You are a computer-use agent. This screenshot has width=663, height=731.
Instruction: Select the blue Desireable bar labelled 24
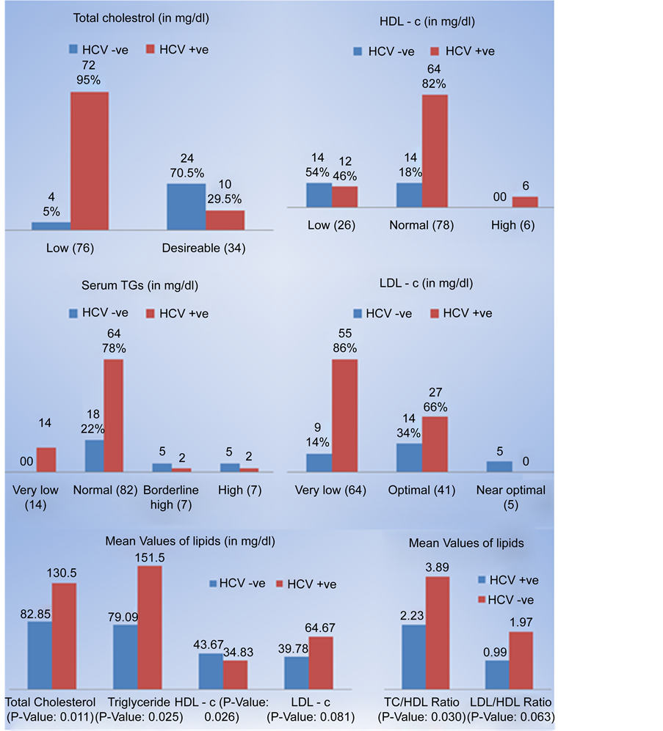point(186,207)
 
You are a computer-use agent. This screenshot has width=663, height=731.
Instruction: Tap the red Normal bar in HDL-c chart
point(434,151)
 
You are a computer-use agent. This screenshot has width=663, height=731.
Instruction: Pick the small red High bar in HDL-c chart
point(524,202)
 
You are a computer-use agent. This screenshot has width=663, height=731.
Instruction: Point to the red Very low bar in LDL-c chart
point(345,415)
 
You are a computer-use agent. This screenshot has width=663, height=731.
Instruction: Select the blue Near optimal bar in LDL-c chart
point(499,466)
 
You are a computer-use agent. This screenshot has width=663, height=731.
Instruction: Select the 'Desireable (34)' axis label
point(203,248)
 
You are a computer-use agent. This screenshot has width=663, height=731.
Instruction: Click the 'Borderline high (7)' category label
point(172,497)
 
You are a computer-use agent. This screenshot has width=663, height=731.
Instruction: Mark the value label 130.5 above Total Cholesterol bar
point(65,572)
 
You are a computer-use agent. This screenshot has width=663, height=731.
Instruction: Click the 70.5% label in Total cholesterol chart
point(187,172)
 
